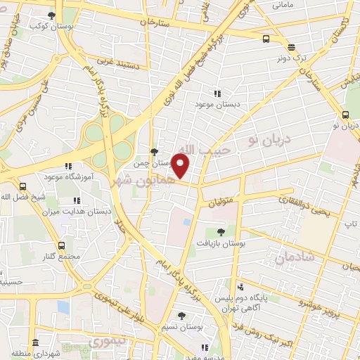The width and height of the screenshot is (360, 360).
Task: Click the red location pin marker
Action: [x=181, y=166]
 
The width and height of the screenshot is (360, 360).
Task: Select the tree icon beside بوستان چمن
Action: [x=154, y=151]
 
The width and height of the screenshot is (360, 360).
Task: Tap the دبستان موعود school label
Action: [x=217, y=104]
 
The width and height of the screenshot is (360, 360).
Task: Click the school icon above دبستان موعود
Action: [x=217, y=94]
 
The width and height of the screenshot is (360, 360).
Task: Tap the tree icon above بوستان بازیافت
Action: [x=221, y=231]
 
